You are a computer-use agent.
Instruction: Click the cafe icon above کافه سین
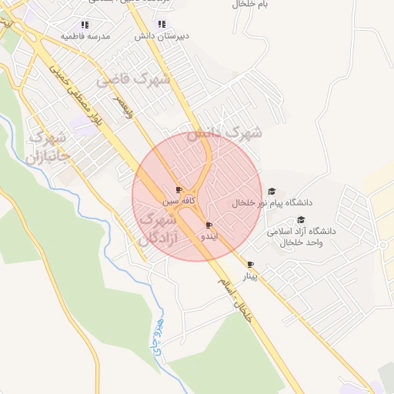179,189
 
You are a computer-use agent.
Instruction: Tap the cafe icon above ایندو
209,225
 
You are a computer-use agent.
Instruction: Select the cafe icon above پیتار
250,264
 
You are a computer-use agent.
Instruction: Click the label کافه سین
179,200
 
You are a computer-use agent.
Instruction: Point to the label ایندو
209,237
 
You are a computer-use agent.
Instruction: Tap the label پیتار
250,275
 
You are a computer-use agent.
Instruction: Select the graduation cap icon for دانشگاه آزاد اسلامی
301,219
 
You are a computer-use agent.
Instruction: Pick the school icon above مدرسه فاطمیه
85,25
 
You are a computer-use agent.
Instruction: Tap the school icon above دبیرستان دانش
162,25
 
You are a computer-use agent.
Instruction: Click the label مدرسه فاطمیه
85,36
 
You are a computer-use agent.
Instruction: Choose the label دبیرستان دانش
162,36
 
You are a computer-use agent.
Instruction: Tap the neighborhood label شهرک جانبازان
48,147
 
